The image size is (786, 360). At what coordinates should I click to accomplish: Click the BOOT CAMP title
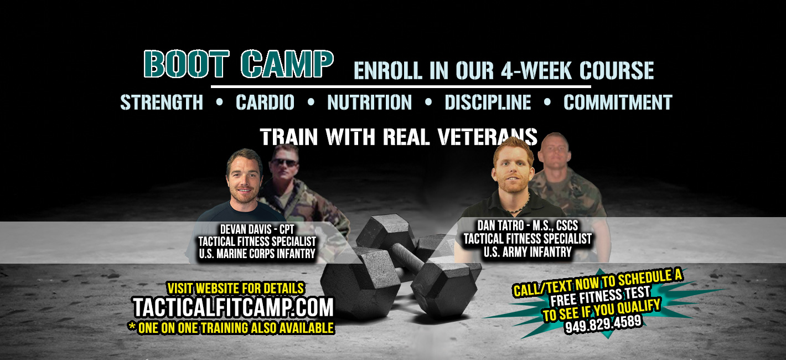click(239, 64)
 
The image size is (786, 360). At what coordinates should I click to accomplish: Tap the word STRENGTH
click(162, 102)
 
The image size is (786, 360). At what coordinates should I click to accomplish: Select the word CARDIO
click(265, 102)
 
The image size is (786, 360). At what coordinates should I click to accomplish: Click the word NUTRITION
click(370, 102)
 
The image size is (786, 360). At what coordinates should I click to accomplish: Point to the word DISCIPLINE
click(488, 102)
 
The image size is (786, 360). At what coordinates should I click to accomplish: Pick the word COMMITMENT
click(618, 102)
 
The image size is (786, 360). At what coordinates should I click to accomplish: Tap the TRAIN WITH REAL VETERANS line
click(399, 137)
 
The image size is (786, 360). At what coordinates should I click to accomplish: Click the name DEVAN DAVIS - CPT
click(257, 229)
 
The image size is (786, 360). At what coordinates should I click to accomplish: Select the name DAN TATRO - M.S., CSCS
click(528, 225)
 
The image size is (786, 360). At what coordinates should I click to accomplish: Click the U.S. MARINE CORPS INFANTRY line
click(257, 254)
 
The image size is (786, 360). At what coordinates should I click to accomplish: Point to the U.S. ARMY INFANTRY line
click(528, 252)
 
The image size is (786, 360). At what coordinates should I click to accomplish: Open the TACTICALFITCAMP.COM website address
click(234, 307)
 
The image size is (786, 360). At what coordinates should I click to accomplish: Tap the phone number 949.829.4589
click(603, 324)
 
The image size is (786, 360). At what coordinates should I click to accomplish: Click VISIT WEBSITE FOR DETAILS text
click(235, 289)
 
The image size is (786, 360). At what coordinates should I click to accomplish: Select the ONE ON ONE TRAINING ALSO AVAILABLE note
click(231, 328)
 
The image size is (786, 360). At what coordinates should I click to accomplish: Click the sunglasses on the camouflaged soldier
click(284, 163)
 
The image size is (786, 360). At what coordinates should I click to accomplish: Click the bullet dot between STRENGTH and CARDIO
click(220, 102)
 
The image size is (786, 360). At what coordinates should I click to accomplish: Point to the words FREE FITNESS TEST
click(601, 296)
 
